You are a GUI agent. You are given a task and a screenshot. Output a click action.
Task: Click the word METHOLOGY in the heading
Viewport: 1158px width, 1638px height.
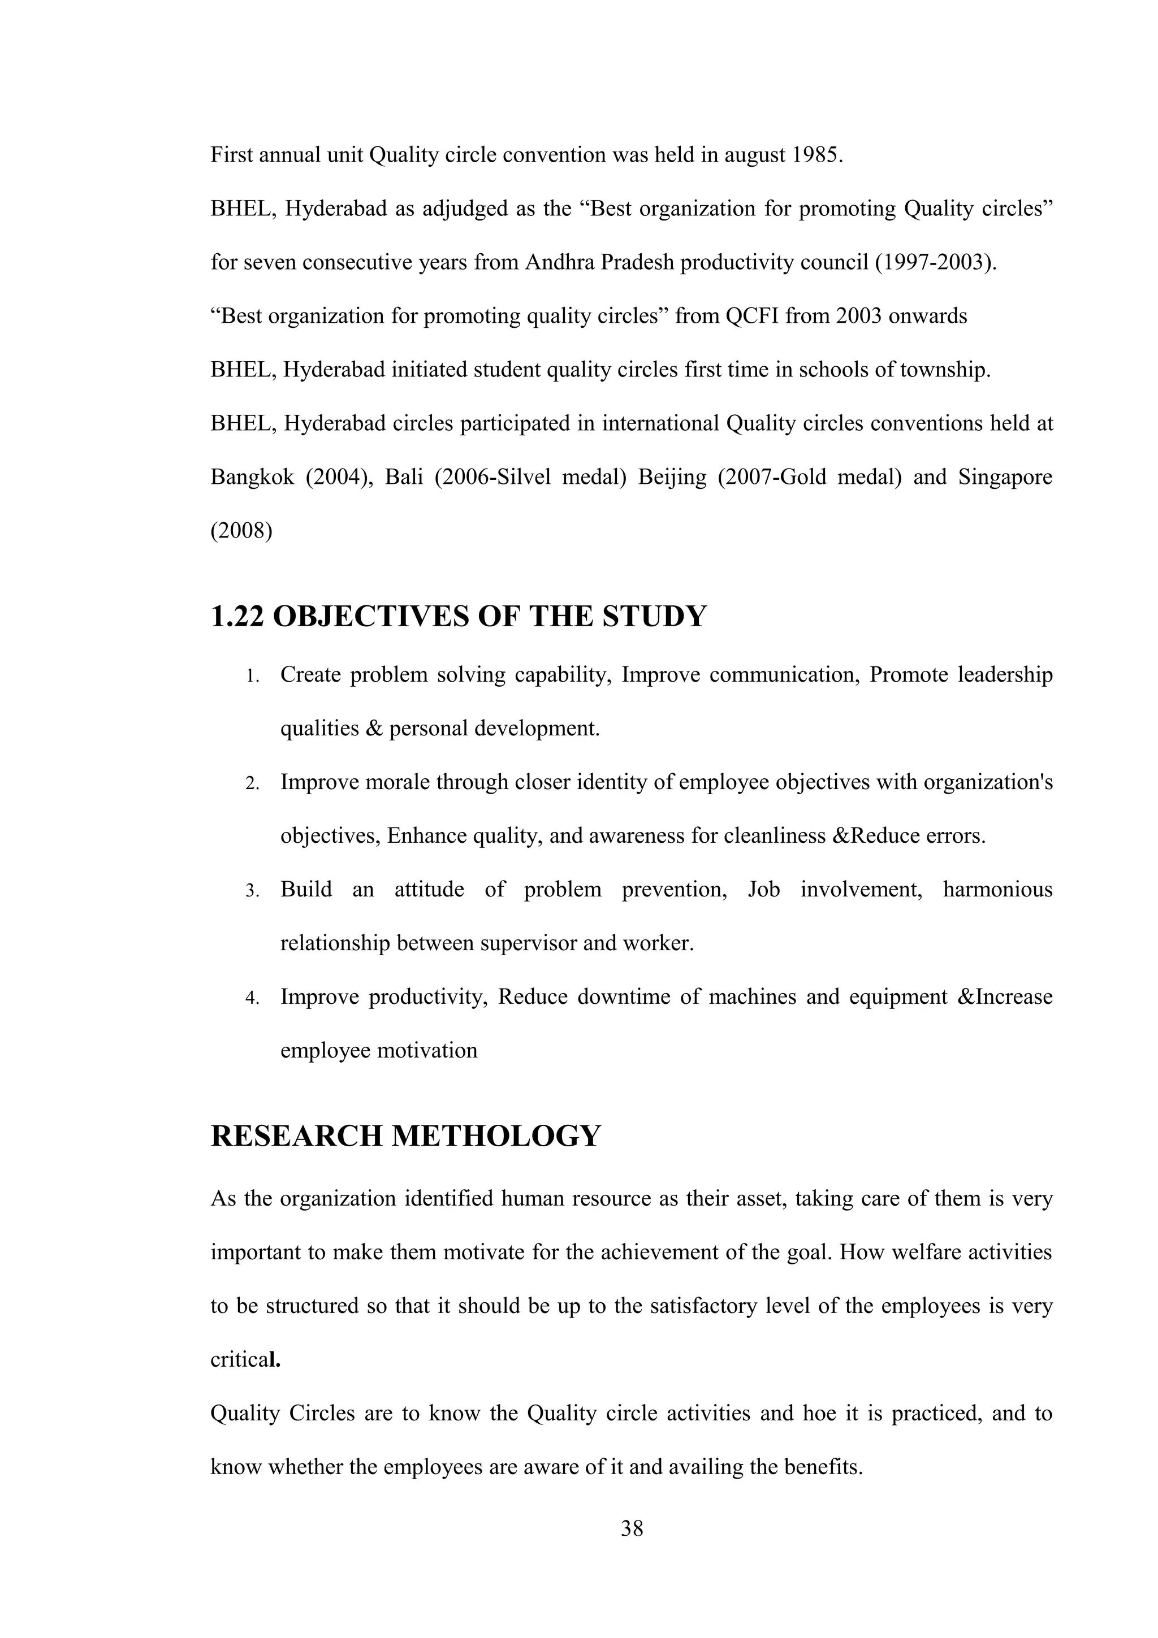click(x=496, y=1136)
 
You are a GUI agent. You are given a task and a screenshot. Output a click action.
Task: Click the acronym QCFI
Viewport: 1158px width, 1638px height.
click(x=752, y=315)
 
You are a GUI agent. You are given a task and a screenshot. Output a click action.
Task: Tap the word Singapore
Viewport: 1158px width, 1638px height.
click(x=1005, y=476)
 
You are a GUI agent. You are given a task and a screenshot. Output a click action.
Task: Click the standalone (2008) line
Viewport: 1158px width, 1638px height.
click(x=241, y=531)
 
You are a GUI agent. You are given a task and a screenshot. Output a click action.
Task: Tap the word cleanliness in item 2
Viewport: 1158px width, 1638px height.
click(x=774, y=835)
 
